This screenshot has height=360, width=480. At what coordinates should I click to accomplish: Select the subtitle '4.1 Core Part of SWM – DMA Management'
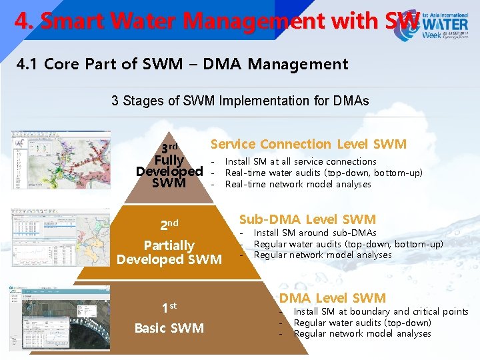(182, 64)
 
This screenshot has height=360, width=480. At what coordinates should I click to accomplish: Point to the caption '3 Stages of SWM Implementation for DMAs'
(240, 101)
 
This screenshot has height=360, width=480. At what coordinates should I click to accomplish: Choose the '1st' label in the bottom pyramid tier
(169, 307)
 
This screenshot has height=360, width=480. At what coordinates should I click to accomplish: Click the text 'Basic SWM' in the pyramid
(169, 328)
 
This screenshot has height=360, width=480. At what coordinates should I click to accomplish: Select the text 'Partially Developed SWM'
(169, 252)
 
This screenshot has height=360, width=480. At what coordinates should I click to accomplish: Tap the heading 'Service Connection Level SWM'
(308, 144)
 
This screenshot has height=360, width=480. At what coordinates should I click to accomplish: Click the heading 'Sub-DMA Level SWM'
(307, 219)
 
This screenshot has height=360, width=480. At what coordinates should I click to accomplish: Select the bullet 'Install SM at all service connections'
(301, 161)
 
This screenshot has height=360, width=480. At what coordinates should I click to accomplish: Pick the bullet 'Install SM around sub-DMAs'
(315, 233)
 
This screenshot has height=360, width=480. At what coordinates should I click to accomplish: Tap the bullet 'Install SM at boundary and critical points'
(381, 311)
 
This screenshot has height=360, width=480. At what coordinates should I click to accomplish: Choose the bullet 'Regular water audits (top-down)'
(363, 323)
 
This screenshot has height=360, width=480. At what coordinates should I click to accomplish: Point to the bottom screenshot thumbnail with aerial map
(60, 318)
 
